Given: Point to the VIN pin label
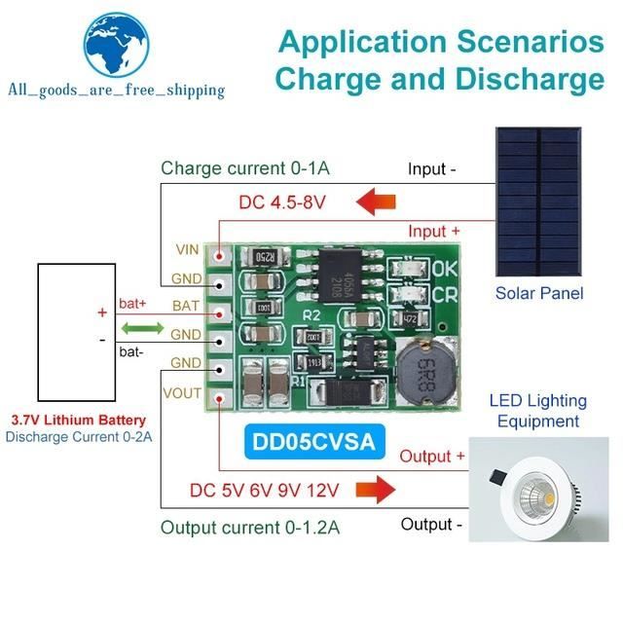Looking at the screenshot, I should (187, 249).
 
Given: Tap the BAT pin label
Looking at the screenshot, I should (186, 306).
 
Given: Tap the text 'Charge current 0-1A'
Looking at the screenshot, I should (245, 168).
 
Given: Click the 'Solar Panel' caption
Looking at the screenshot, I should (538, 292).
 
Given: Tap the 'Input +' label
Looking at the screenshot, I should (434, 231).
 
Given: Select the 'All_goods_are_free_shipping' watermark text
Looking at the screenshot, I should (116, 91).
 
